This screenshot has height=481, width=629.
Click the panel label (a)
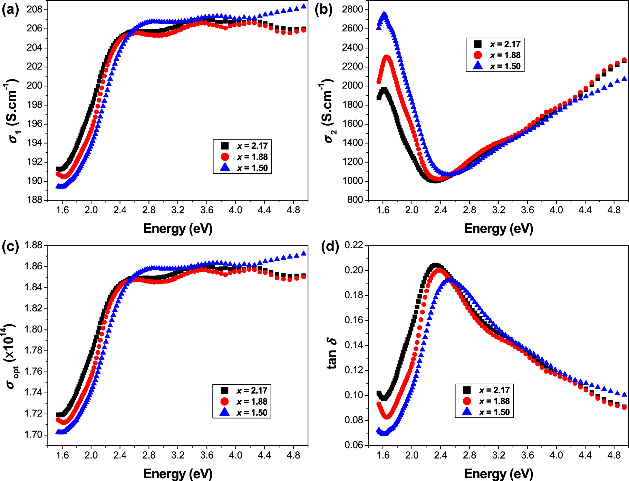[10, 10]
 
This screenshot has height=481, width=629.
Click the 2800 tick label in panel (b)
[352, 9]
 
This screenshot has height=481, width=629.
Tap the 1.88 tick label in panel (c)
[33, 246]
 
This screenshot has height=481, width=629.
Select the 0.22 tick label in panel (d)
[354, 246]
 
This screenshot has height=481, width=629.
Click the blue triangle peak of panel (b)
[384, 15]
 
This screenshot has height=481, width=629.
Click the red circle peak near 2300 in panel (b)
[386, 57]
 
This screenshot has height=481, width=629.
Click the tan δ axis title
[332, 354]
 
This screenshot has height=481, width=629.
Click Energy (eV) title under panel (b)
[498, 229]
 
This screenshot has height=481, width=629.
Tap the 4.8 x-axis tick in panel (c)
[293, 455]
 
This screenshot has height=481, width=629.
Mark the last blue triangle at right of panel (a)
[303, 6]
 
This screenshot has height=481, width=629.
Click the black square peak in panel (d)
[435, 265]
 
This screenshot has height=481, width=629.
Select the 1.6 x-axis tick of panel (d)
[383, 455]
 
